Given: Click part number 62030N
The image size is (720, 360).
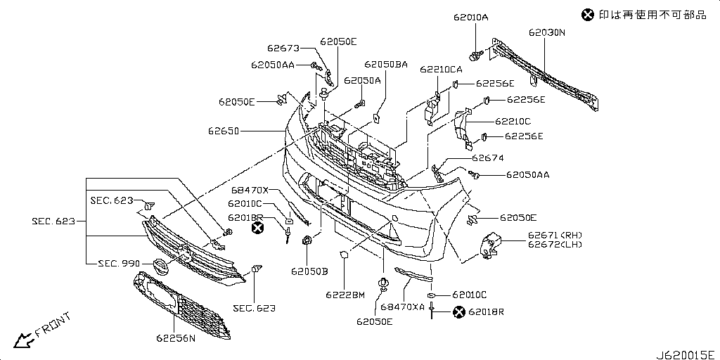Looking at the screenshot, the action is [x=547, y=32].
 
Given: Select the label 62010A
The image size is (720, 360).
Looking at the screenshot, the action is [x=470, y=18].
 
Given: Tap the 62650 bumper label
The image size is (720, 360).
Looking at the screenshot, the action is [x=222, y=131].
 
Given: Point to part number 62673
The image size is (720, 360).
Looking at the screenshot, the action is [x=283, y=49].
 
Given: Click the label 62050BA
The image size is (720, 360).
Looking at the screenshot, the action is [x=386, y=64].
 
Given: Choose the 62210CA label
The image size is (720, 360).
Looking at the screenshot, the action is [x=441, y=70].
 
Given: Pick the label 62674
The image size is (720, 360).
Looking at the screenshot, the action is [x=488, y=158].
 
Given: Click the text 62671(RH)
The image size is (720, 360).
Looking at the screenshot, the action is [x=555, y=235].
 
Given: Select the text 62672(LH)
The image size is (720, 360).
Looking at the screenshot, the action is [x=555, y=244].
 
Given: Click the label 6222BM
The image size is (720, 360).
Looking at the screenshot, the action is [x=345, y=295].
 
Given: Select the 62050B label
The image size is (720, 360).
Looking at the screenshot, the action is [x=309, y=271].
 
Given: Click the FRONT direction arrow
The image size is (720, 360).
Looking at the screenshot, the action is [x=22, y=340].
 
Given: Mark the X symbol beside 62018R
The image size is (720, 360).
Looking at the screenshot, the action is [x=458, y=312].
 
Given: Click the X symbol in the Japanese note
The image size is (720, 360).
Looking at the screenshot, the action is [x=587, y=15].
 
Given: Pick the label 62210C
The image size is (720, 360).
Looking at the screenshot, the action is [x=513, y=122].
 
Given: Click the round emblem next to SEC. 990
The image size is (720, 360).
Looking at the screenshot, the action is [x=159, y=268].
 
